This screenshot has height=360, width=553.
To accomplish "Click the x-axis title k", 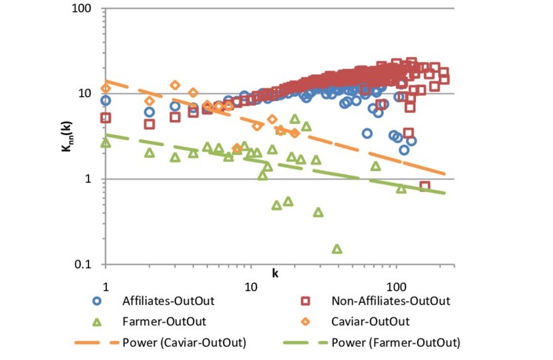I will [267, 272].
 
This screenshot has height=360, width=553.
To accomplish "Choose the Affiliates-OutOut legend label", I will [169, 301].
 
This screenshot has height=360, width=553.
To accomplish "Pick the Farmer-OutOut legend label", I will [164, 321].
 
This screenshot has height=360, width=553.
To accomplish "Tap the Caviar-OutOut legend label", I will [371, 321].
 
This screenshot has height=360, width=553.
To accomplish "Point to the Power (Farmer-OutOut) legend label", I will [396, 342].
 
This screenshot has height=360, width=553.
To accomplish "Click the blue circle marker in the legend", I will [97, 301].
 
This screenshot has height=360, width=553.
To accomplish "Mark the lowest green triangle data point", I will [337, 249].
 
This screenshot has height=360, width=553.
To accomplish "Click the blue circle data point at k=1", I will [106, 100].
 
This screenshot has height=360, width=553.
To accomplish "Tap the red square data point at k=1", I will [106, 118].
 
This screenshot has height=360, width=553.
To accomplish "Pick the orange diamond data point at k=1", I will [106, 89].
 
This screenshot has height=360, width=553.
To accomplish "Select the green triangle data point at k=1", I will [106, 142].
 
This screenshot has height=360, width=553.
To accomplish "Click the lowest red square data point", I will [424, 186].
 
